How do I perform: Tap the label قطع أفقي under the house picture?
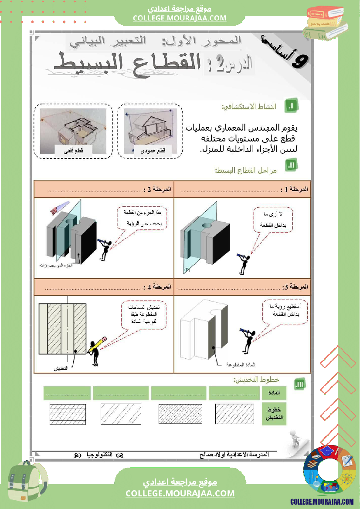[73, 151]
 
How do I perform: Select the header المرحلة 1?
[295, 189]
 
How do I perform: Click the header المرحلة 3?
[295, 287]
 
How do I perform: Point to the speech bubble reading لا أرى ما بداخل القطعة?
[273, 220]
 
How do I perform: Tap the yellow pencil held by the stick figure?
[98, 344]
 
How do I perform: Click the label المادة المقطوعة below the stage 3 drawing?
[240, 364]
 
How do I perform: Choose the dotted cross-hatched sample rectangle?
[180, 414]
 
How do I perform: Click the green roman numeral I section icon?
[292, 106]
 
